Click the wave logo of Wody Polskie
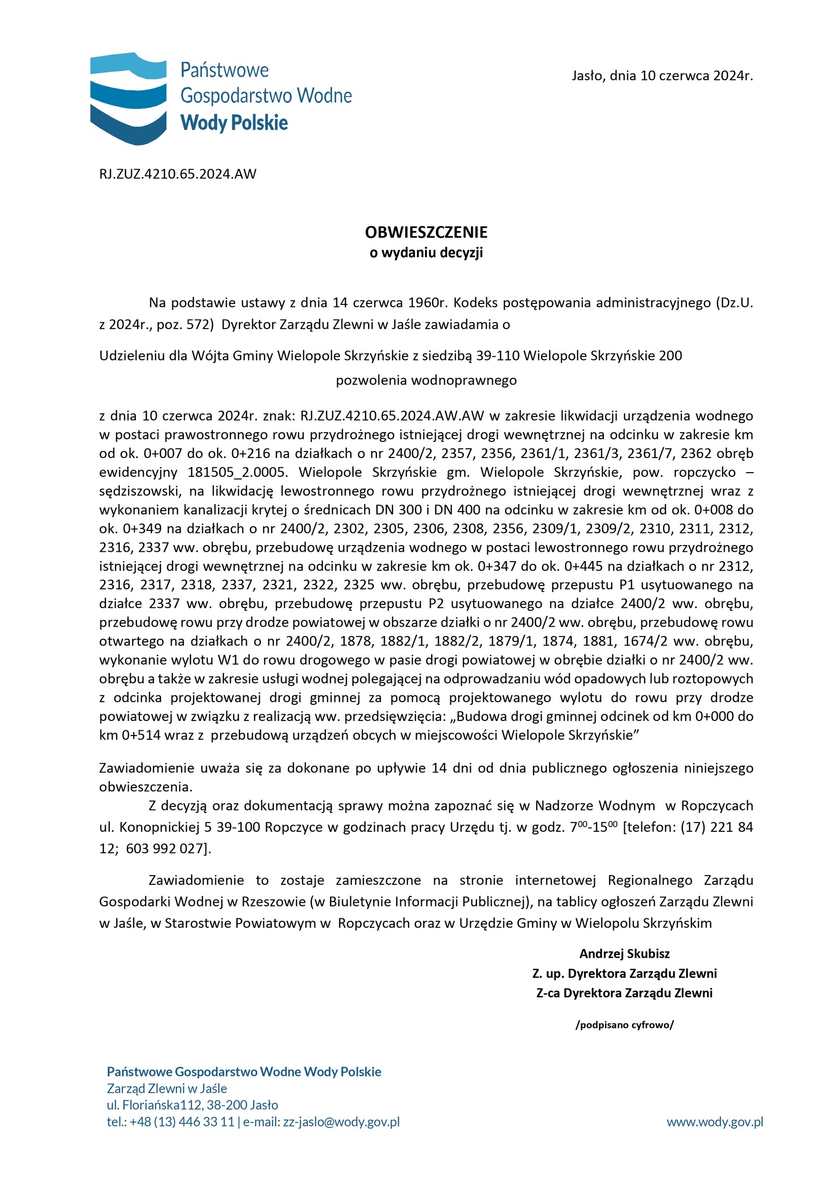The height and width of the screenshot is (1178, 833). click(x=128, y=98)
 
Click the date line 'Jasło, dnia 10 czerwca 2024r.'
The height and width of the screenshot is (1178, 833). click(x=662, y=76)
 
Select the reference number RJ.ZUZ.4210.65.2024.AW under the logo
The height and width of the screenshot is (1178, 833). click(x=178, y=174)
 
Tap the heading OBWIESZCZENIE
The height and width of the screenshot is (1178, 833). click(x=426, y=232)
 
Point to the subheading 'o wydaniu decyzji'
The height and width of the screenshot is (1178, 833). click(x=426, y=253)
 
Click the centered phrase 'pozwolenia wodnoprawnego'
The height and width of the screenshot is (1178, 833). click(x=426, y=381)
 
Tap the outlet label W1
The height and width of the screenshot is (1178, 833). click(x=228, y=660)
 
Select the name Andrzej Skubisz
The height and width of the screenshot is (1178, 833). click(x=624, y=954)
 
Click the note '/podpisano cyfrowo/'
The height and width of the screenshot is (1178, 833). click(x=624, y=1025)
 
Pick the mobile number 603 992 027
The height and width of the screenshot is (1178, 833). click(x=165, y=848)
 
